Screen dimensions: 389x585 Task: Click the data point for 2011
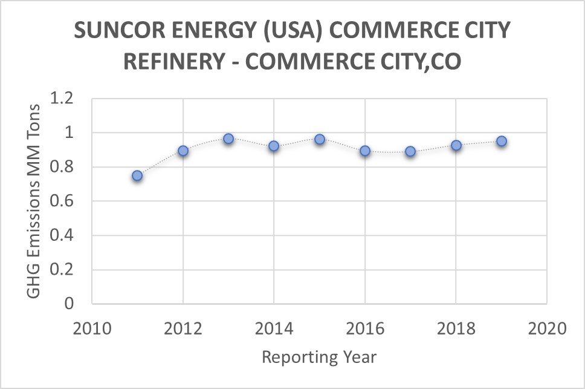point(137,175)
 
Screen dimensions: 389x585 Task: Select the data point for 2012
point(183,151)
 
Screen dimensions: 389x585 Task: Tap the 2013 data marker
point(228,139)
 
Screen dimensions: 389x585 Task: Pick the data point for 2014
point(274,146)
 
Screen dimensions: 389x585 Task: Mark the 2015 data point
point(320,139)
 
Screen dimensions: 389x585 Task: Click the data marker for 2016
point(365,151)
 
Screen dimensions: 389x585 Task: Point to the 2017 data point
point(410,151)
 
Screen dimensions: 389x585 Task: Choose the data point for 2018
point(456,145)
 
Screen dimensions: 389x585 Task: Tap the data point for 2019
point(502,141)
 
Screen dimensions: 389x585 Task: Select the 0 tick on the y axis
point(68,304)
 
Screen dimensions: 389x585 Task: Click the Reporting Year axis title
point(319,357)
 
